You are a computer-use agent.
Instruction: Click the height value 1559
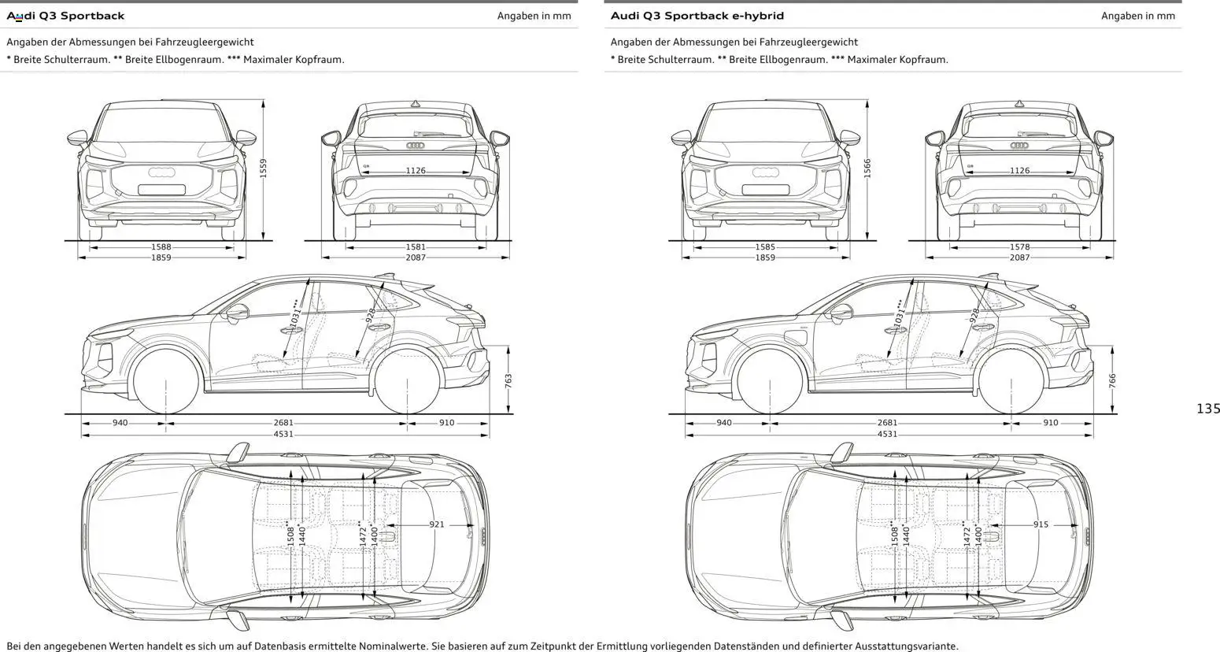[264, 168]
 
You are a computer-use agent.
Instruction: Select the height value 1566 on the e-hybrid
[867, 168]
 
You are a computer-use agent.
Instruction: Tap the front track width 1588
[161, 246]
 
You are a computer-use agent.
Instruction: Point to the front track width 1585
[765, 246]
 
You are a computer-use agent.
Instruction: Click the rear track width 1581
[416, 246]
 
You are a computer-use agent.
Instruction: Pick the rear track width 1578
[1019, 246]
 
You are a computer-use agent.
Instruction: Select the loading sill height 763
[508, 380]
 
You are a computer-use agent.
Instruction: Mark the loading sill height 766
[1112, 380]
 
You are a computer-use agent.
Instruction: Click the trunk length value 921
[437, 524]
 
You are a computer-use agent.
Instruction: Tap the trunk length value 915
[1041, 524]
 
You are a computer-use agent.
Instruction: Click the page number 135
[1207, 408]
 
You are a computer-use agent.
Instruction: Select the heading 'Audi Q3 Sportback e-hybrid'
[697, 16]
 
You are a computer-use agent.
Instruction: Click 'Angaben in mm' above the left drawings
[534, 16]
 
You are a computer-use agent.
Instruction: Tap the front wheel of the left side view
[166, 382]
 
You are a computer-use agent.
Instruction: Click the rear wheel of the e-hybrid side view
[1011, 382]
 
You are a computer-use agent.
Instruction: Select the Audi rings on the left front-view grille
[161, 172]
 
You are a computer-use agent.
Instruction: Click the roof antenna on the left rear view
[416, 103]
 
